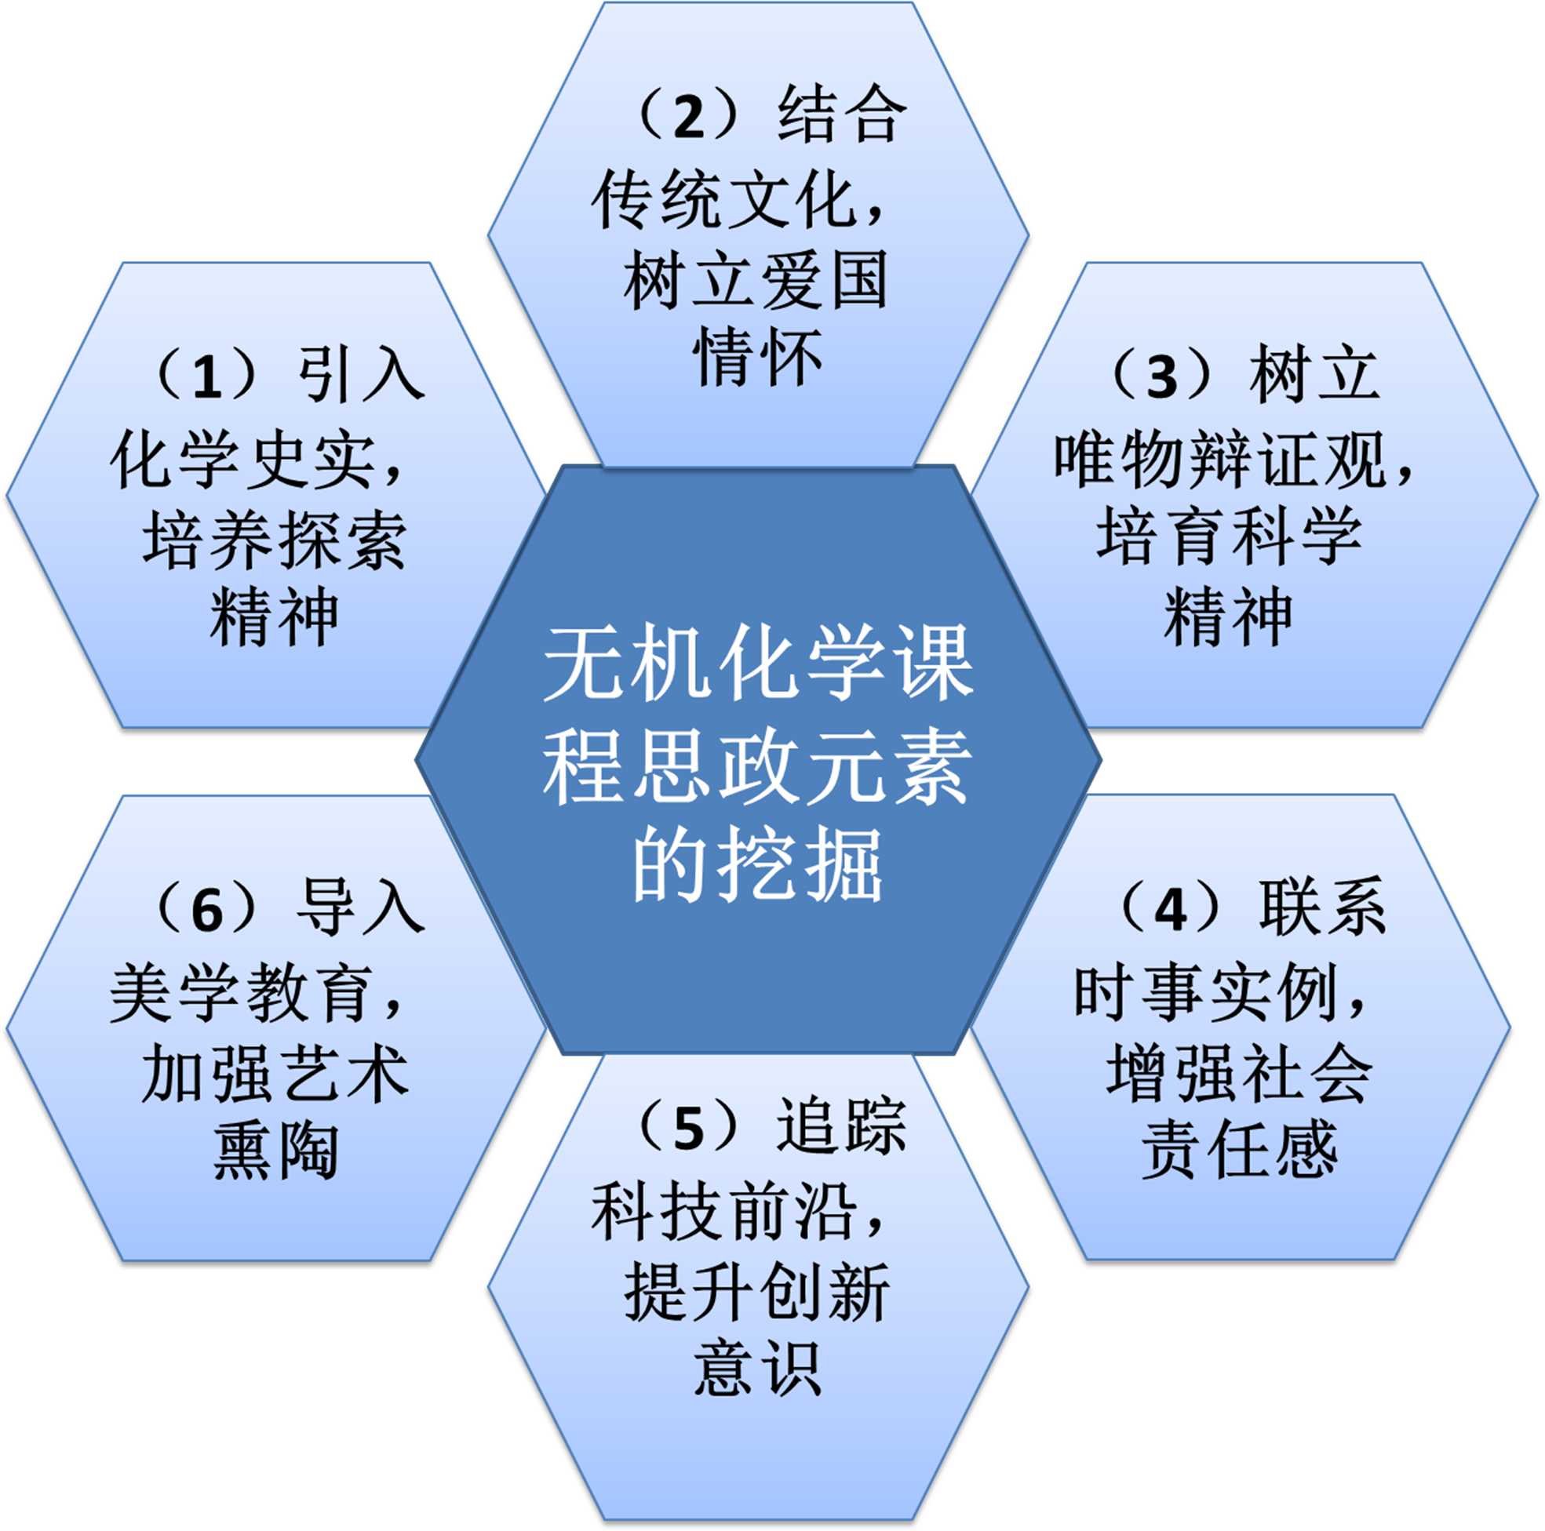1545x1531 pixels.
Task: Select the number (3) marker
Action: [1163, 376]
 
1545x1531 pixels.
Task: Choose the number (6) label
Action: [207, 909]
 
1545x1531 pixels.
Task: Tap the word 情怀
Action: [757, 358]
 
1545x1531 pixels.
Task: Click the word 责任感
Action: [1239, 1149]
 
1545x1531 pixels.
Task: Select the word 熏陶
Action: [276, 1151]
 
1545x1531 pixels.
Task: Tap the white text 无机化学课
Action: [757, 666]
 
